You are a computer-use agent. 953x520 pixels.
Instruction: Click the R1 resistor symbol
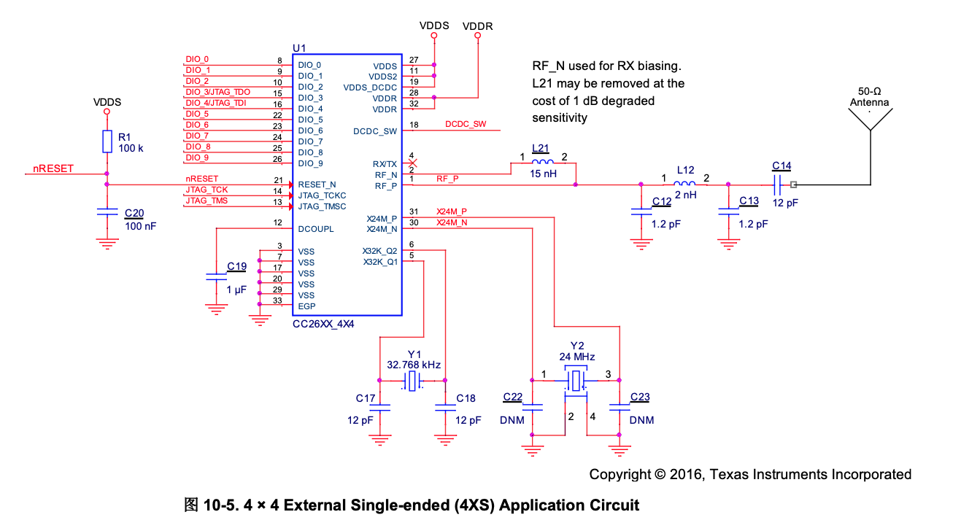107,142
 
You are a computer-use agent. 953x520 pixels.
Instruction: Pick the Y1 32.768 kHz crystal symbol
413,381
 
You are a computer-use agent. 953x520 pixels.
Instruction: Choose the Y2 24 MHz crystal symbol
576,380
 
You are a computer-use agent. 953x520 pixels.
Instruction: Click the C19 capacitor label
236,266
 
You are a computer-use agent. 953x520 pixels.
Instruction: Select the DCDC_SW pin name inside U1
374,131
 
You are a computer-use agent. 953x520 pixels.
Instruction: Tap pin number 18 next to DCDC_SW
414,125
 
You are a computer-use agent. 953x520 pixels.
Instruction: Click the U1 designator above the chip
299,47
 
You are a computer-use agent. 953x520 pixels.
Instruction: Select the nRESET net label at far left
53,168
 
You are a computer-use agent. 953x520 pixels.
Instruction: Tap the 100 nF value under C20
140,226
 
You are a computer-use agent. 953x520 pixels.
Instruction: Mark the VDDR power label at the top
478,26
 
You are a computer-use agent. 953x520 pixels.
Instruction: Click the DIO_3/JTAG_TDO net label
217,92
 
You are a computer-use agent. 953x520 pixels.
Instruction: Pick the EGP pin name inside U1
306,306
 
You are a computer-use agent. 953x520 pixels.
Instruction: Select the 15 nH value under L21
543,175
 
